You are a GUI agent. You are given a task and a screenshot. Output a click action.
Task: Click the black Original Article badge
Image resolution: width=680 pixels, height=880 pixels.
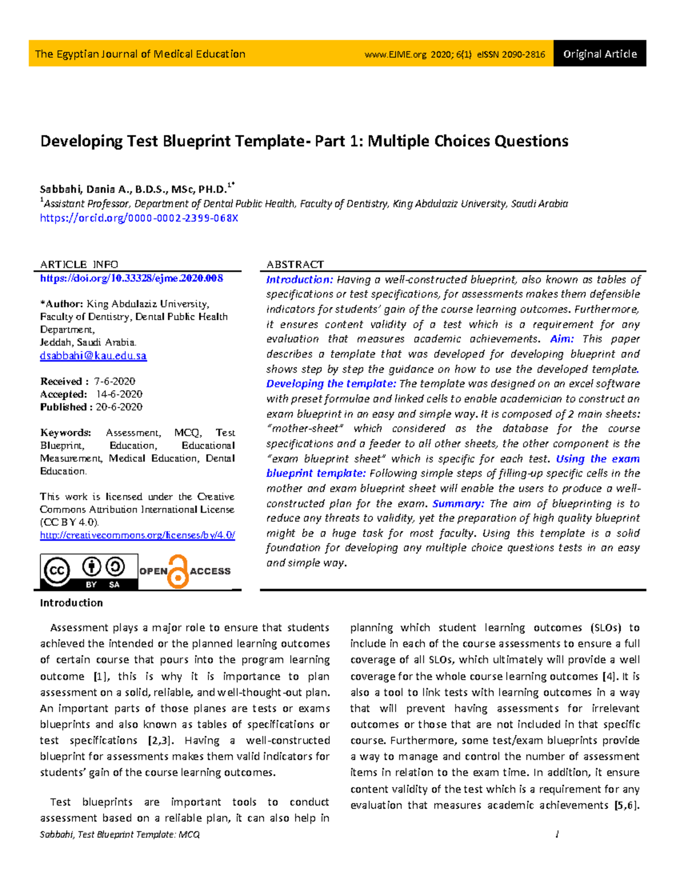[x=600, y=54]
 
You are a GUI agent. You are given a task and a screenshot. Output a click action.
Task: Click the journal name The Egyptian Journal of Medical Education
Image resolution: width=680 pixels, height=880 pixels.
[x=140, y=54]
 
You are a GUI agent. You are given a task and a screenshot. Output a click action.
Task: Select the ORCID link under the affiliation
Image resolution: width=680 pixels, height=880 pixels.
[x=139, y=218]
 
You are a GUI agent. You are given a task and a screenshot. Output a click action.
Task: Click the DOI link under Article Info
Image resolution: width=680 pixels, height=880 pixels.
[x=131, y=278]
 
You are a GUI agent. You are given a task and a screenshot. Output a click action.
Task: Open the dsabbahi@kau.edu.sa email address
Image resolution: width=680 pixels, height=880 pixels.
[x=93, y=356]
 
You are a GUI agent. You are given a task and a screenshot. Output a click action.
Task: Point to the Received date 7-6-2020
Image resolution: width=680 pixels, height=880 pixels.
[x=115, y=381]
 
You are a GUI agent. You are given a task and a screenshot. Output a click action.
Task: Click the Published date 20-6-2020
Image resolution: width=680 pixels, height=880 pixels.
[x=119, y=407]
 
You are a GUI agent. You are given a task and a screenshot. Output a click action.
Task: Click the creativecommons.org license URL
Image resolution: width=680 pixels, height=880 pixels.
[x=137, y=535]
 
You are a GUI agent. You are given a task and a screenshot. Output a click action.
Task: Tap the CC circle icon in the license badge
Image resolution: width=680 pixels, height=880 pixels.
[x=56, y=571]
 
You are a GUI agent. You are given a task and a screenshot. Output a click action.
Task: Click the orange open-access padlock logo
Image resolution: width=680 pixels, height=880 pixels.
[x=178, y=571]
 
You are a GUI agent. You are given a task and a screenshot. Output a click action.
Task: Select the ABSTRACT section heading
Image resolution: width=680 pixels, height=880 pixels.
[x=295, y=265]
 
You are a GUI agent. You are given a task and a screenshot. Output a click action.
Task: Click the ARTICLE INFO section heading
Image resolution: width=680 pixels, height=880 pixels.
[x=79, y=265]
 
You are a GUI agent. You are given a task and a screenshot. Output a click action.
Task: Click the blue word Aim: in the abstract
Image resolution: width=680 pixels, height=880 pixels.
[x=562, y=339]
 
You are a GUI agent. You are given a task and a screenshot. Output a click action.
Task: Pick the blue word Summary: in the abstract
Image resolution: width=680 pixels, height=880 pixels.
[x=458, y=503]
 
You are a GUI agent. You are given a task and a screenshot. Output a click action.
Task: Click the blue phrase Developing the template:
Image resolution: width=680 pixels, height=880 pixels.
[x=331, y=384]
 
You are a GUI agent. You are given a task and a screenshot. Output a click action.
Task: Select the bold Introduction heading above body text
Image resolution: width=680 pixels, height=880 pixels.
[x=71, y=603]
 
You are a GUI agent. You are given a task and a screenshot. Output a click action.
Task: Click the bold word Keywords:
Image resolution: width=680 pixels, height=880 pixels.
[x=65, y=432]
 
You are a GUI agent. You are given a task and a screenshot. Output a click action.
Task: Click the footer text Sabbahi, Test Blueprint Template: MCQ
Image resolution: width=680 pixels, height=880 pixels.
[x=120, y=834]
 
